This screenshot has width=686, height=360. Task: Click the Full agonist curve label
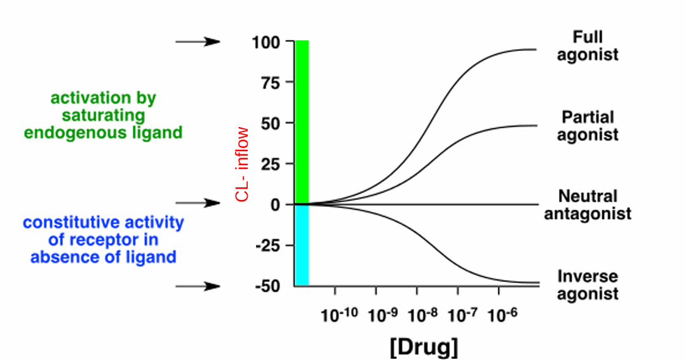pyautogui.click(x=587, y=46)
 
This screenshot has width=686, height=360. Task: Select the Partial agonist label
pyautogui.click(x=588, y=126)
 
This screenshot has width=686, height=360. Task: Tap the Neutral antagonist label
pyautogui.click(x=595, y=205)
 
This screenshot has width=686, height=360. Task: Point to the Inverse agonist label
pyautogui.click(x=587, y=285)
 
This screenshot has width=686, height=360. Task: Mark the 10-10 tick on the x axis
pyautogui.click(x=335, y=315)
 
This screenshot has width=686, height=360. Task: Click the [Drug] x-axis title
pyautogui.click(x=423, y=347)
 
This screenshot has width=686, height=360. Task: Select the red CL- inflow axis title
pyautogui.click(x=242, y=164)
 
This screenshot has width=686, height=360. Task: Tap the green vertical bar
pyautogui.click(x=302, y=121)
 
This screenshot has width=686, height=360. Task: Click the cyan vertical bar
pyautogui.click(x=302, y=245)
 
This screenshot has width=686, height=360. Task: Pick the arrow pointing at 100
pyautogui.click(x=198, y=42)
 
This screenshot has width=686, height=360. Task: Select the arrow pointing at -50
pyautogui.click(x=198, y=286)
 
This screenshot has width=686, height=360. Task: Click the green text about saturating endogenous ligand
pyautogui.click(x=104, y=116)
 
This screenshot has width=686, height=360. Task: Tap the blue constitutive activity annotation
pyautogui.click(x=104, y=240)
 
